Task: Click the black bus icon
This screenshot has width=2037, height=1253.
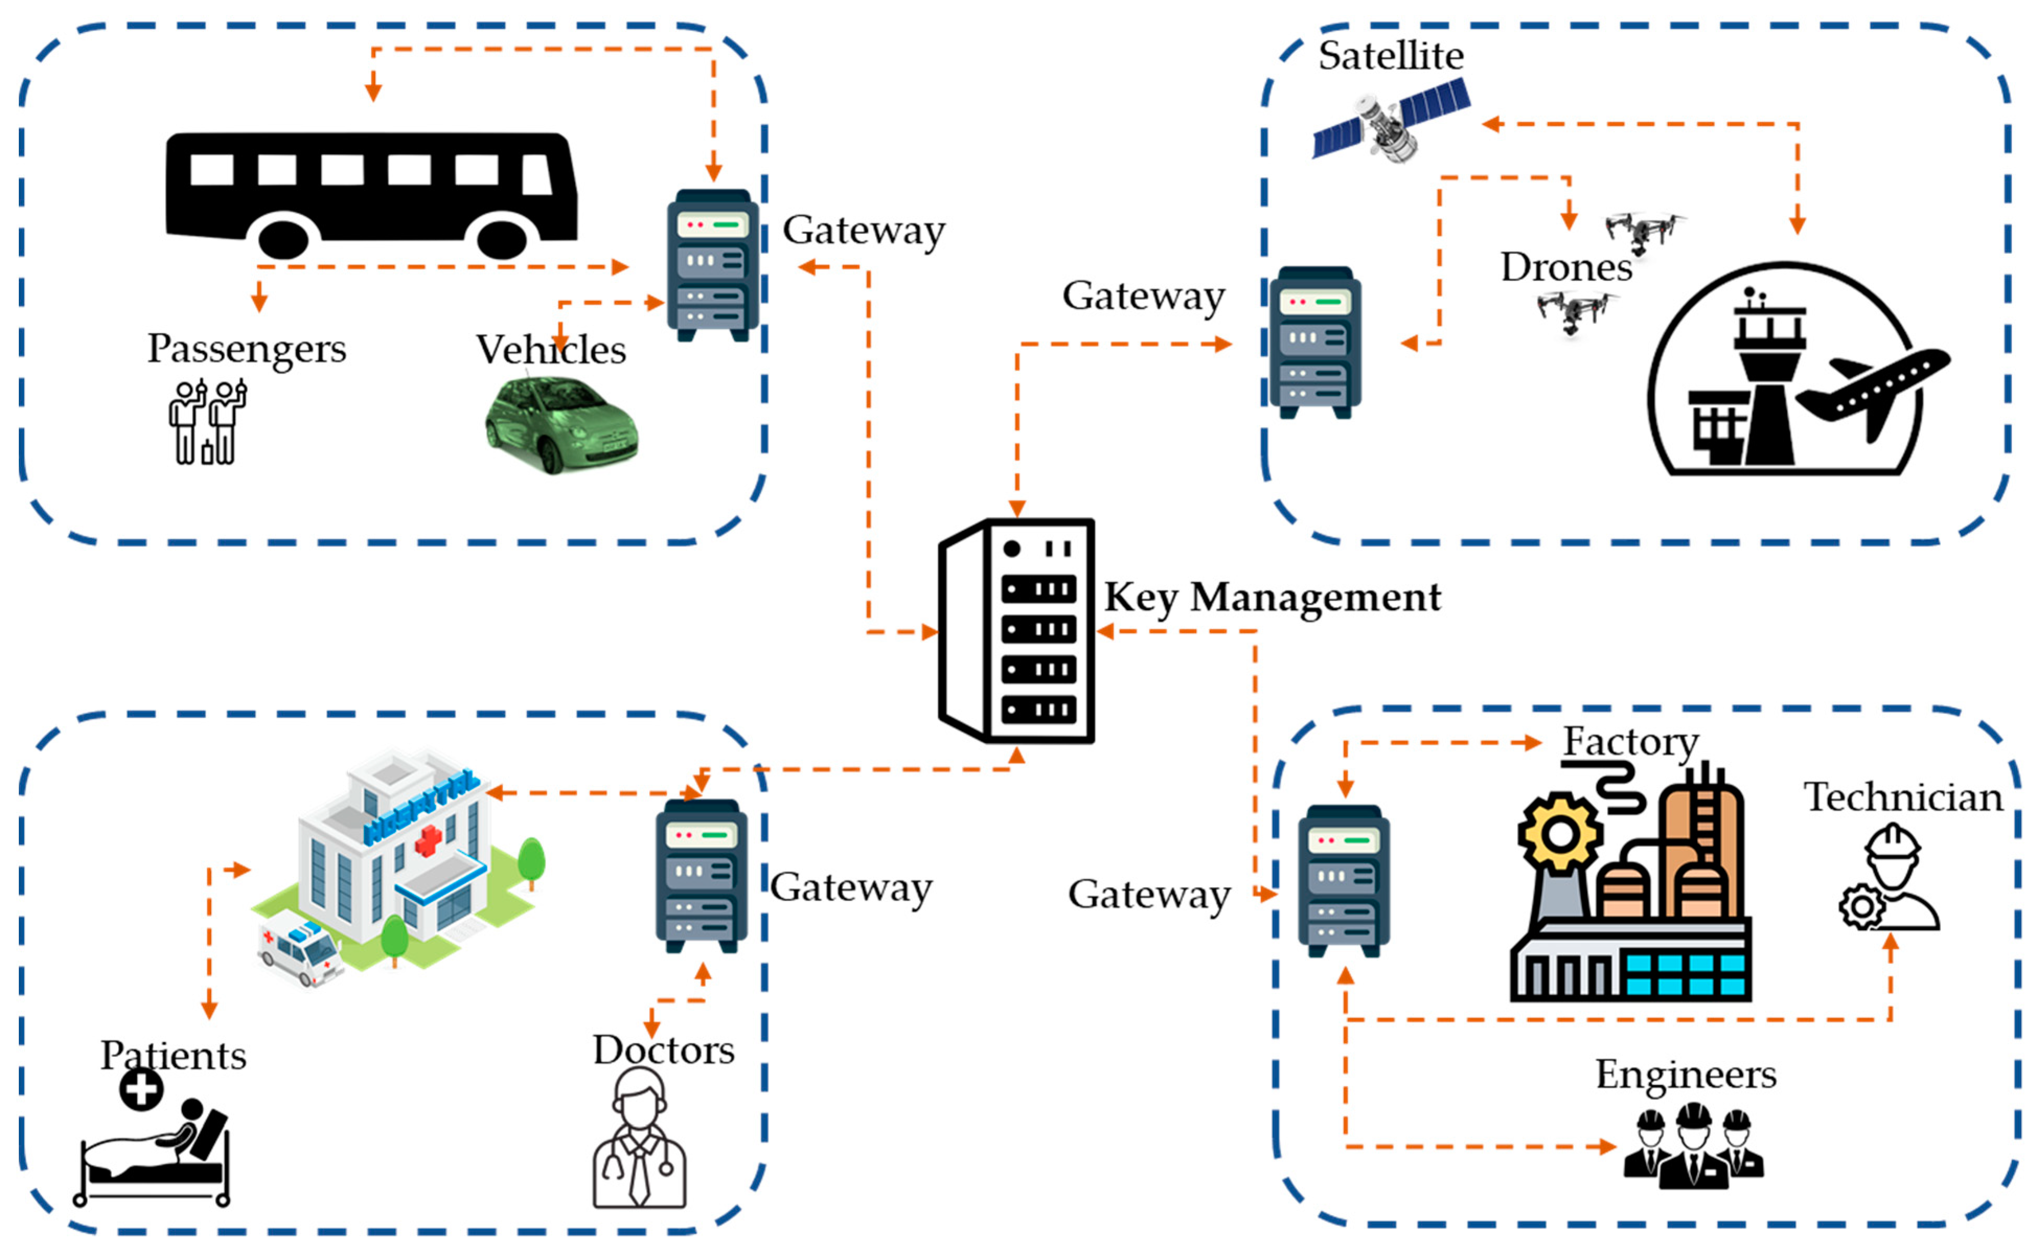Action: click(x=371, y=196)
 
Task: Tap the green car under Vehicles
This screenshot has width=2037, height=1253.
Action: click(x=561, y=425)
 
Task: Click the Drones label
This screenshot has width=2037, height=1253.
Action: click(x=1566, y=267)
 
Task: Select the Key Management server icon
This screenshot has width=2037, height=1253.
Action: click(x=1017, y=630)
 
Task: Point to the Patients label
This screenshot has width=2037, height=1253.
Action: click(x=173, y=1056)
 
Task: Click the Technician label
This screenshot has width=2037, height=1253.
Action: click(x=1903, y=798)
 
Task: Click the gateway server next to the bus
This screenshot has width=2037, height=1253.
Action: click(x=712, y=265)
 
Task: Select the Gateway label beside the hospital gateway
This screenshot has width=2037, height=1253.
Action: click(x=851, y=888)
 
